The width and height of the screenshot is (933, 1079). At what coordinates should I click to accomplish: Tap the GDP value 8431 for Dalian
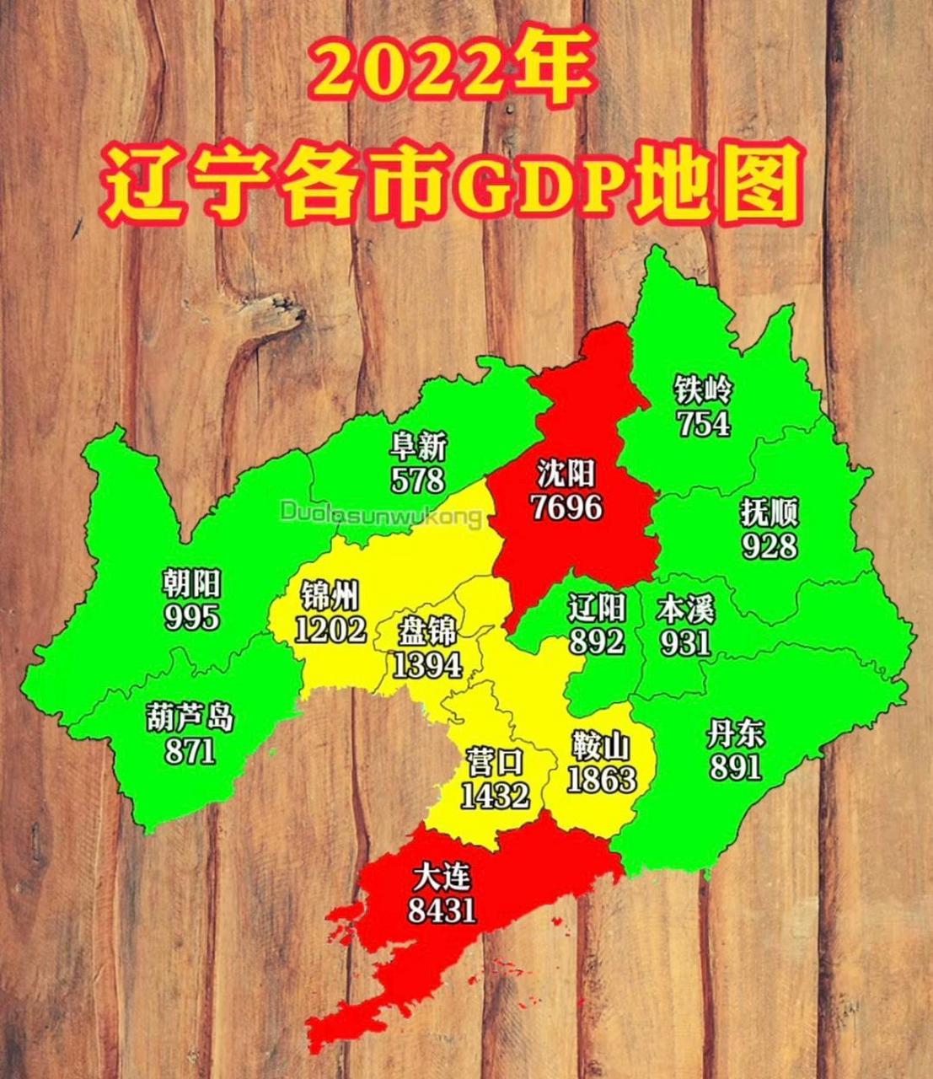(x=442, y=910)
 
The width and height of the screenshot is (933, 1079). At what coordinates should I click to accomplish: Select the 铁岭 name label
(x=704, y=390)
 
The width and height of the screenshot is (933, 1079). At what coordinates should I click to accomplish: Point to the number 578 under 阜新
(x=417, y=480)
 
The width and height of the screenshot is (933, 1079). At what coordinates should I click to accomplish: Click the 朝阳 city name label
(x=191, y=583)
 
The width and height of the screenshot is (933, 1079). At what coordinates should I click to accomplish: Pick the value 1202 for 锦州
(x=330, y=629)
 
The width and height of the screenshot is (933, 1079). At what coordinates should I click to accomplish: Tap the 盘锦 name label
(x=427, y=630)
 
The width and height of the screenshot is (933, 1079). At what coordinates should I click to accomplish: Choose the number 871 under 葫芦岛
(x=190, y=749)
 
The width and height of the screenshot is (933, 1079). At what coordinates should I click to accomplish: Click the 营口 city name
(x=495, y=763)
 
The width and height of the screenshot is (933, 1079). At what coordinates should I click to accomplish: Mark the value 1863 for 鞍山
(x=601, y=779)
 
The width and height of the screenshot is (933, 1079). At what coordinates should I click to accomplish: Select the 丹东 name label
(x=736, y=734)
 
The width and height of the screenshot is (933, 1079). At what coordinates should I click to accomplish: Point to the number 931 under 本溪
(x=685, y=644)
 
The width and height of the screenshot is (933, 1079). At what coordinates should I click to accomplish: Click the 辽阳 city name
(x=597, y=607)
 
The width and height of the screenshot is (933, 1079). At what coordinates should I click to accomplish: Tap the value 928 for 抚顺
(x=769, y=546)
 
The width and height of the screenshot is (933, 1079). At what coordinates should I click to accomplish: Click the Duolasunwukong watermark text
(x=382, y=513)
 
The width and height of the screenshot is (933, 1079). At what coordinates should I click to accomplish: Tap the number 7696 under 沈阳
(x=566, y=507)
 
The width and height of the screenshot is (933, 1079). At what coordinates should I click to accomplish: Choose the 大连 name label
(x=442, y=878)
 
